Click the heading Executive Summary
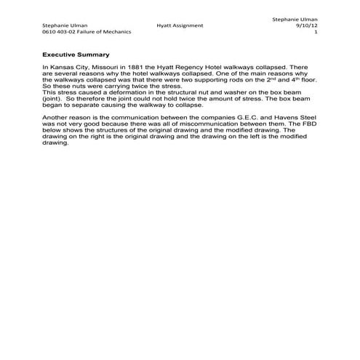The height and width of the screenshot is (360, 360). click(76, 54)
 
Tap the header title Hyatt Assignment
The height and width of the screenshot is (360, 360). click(180, 25)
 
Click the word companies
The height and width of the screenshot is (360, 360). click(204, 117)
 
